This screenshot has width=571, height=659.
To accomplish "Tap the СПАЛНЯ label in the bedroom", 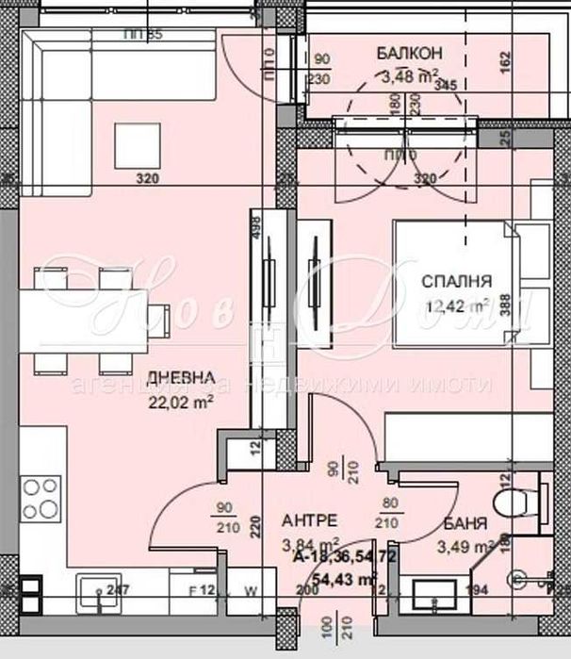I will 457,281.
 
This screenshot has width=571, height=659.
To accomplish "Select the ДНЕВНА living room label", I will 174,374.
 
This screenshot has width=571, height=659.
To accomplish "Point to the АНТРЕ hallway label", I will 310,520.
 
